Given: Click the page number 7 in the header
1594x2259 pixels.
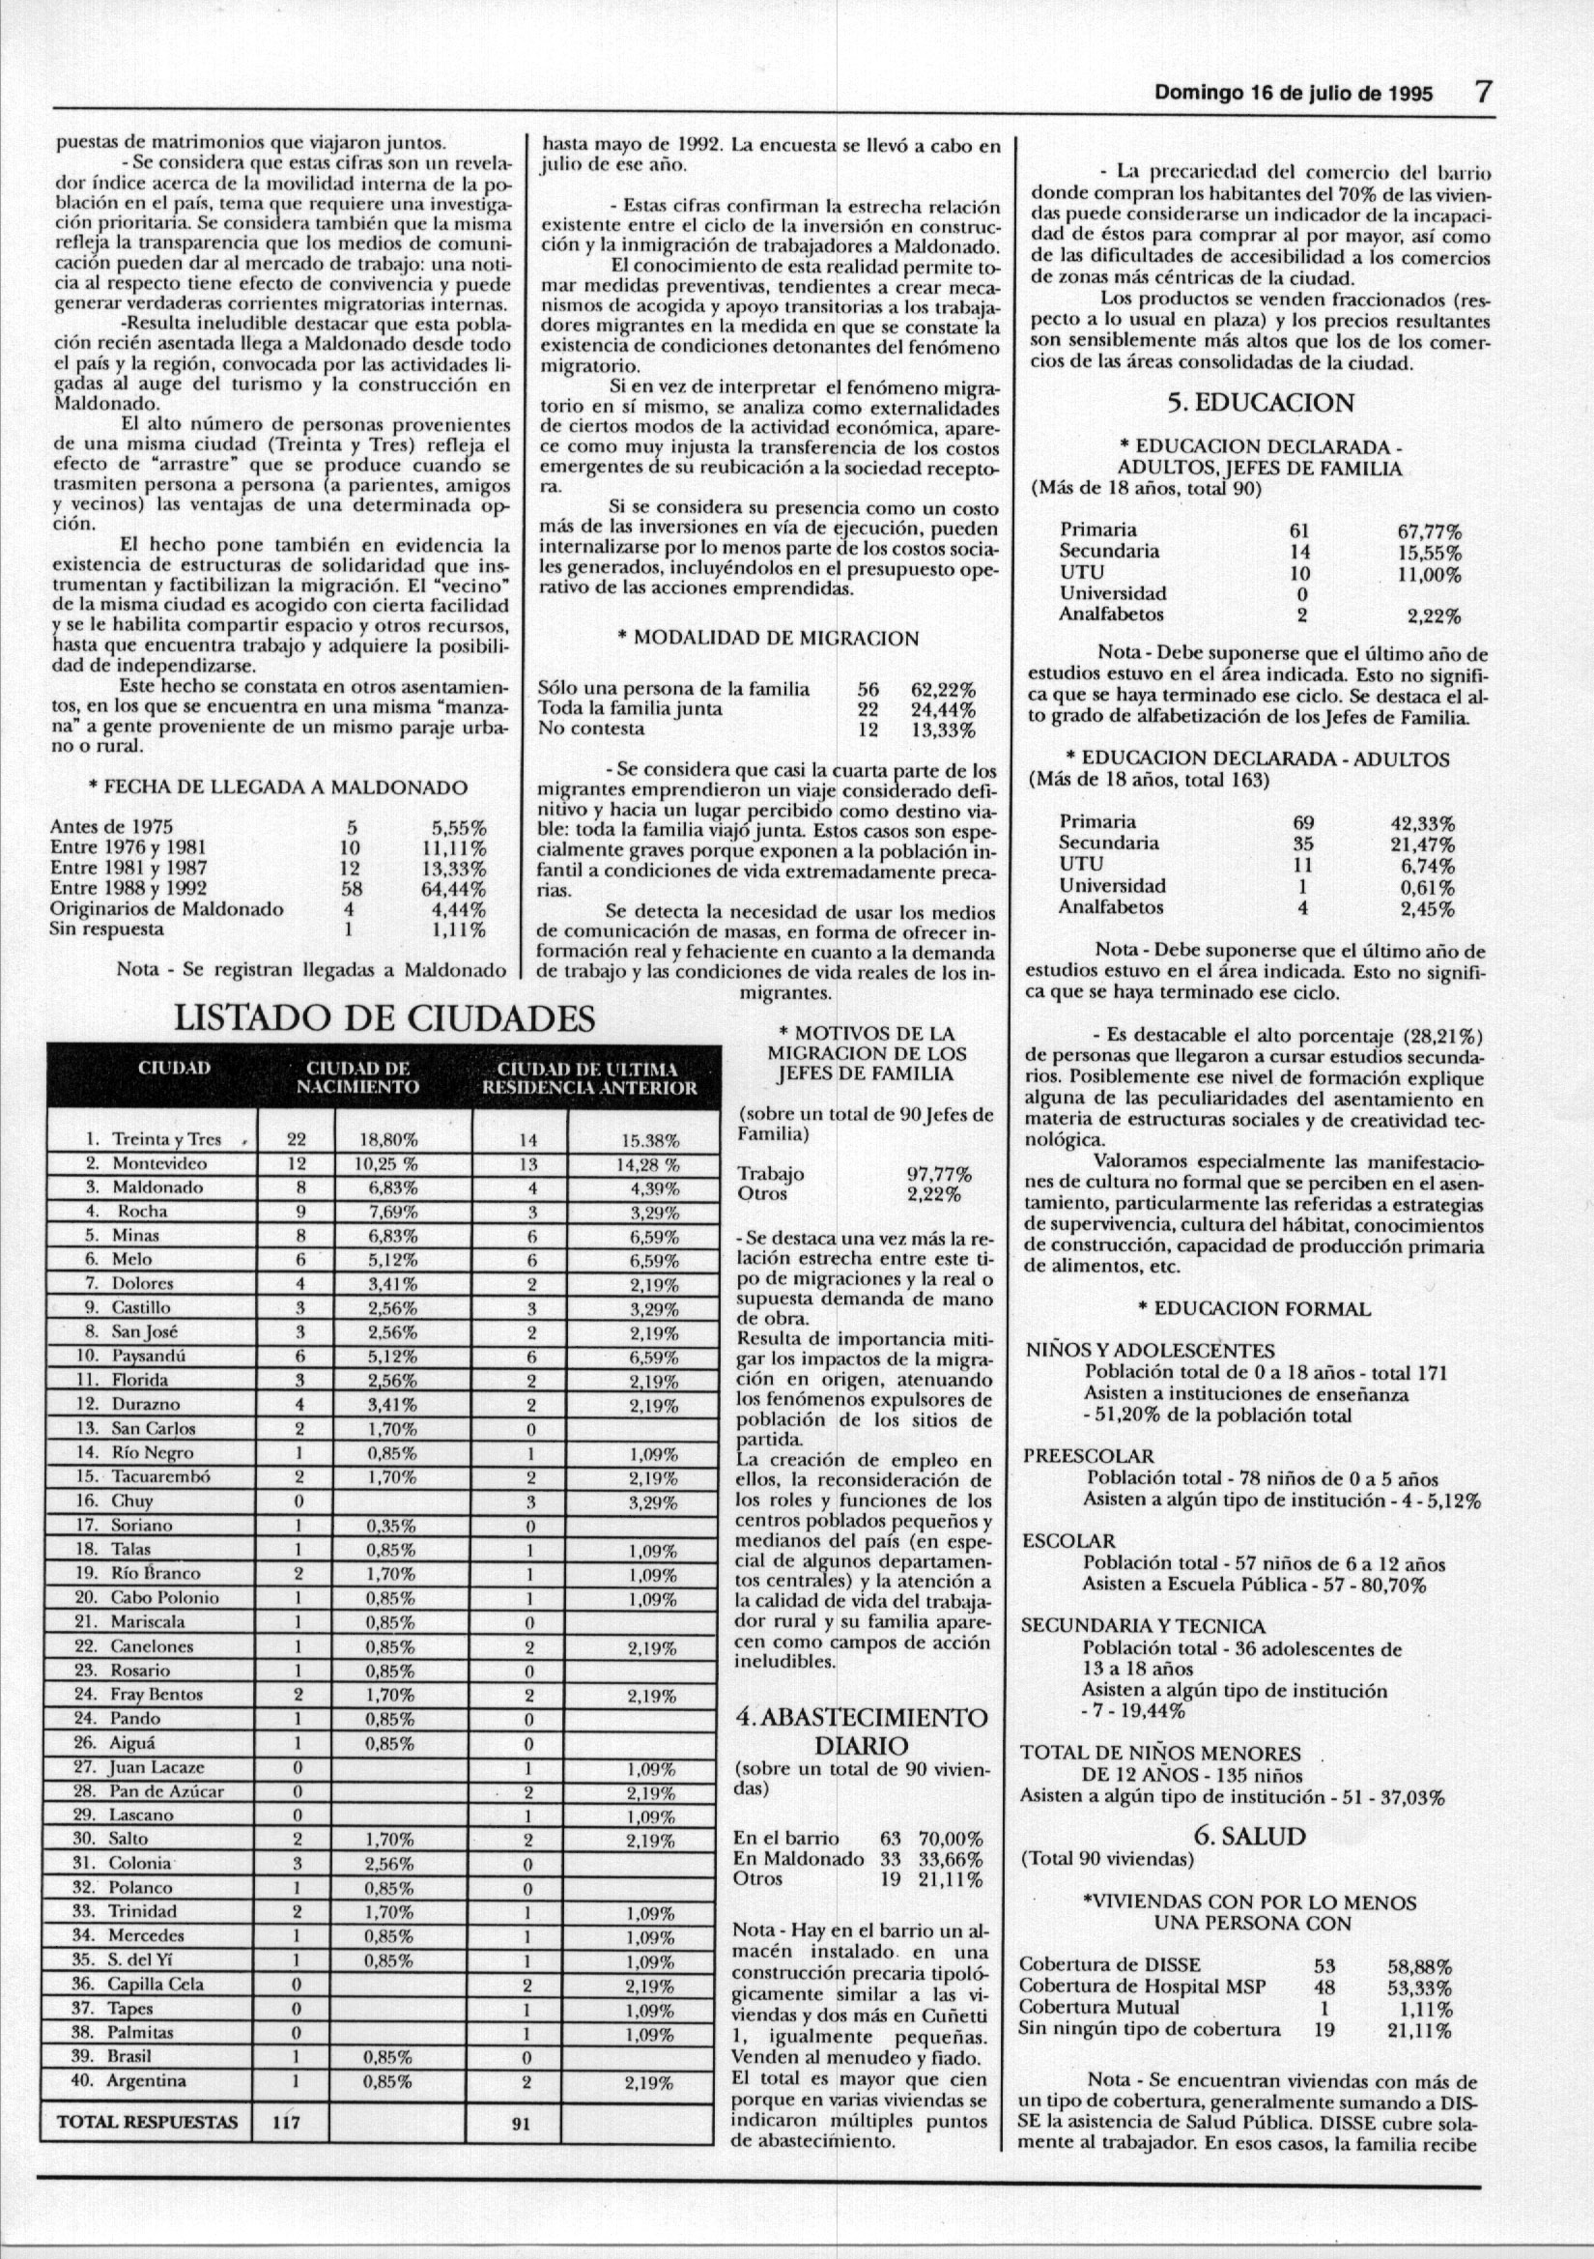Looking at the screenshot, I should point(1483,94).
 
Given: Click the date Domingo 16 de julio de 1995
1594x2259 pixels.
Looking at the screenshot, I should point(1293,96).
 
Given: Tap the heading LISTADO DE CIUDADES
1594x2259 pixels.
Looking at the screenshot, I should point(384,1017).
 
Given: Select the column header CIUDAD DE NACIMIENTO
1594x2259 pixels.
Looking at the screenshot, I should point(358,1077).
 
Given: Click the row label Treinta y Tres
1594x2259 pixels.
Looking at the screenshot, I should point(166,1139).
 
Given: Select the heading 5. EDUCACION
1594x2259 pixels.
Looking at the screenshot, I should point(1260,404).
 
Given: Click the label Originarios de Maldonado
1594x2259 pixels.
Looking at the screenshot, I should point(166,908).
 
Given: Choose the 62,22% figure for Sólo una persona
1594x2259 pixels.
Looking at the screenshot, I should point(942,689).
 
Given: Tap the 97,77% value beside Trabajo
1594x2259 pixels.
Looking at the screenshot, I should point(938,1175).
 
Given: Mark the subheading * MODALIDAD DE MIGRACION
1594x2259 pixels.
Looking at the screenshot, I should point(766,638).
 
